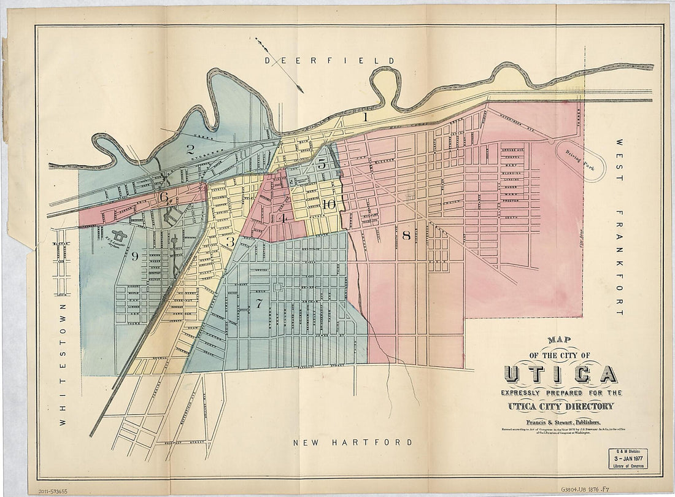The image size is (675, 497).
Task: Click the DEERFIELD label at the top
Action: click(x=330, y=60)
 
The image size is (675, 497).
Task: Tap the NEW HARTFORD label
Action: click(x=352, y=442)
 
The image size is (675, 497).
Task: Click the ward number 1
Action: click(x=364, y=115)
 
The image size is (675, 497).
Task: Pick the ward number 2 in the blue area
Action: click(x=190, y=148)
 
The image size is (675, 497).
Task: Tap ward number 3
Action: click(x=230, y=242)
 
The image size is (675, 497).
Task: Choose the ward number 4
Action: click(x=282, y=217)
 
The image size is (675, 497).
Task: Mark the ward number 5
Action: click(x=322, y=164)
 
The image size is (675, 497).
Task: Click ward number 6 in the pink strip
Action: click(x=164, y=197)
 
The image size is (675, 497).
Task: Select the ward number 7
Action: click(x=259, y=302)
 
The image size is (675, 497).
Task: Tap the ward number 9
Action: click(x=134, y=256)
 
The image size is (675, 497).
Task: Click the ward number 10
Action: click(x=329, y=205)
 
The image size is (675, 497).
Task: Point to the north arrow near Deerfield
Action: click(x=279, y=65)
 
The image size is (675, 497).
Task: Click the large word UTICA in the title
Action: click(x=560, y=374)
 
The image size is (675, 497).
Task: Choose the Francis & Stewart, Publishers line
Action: click(x=559, y=422)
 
